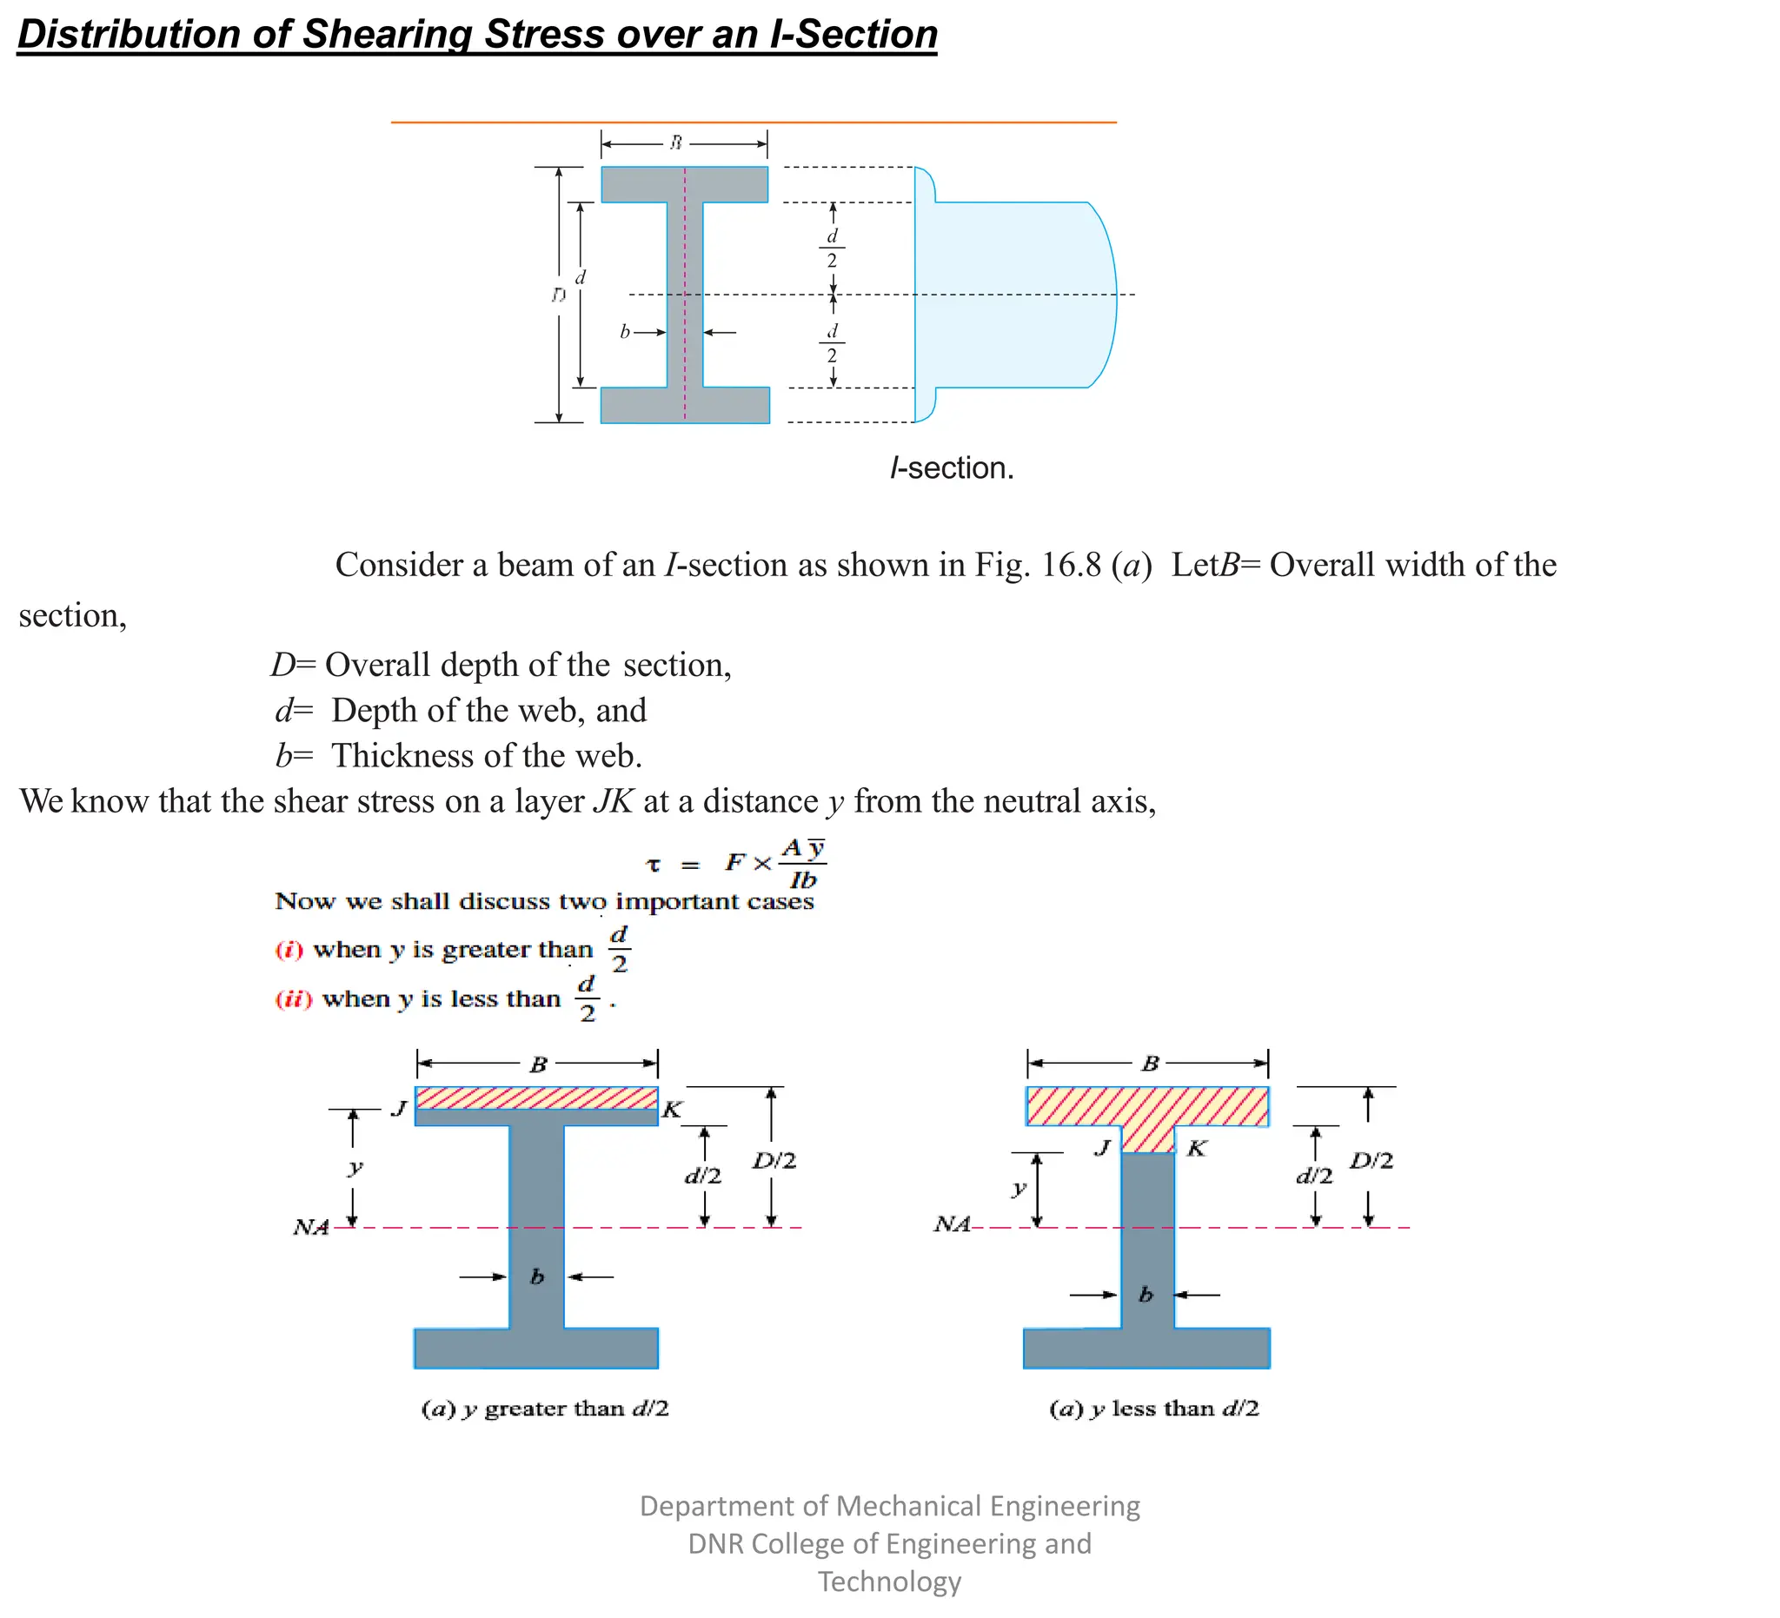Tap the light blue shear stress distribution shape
[1015, 295]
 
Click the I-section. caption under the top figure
[952, 467]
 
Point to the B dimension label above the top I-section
[675, 143]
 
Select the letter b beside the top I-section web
[624, 332]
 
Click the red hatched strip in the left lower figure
[536, 1098]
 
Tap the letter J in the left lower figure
[399, 1109]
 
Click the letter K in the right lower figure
[1197, 1149]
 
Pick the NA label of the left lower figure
[311, 1227]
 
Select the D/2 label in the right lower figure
[1372, 1161]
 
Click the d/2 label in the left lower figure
[703, 1176]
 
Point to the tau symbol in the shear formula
[654, 865]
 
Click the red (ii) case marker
[293, 999]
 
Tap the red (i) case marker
[289, 950]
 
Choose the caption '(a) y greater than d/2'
[545, 1409]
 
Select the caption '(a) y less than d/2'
[1154, 1409]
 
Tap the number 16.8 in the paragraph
[1071, 565]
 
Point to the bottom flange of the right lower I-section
[1146, 1348]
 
